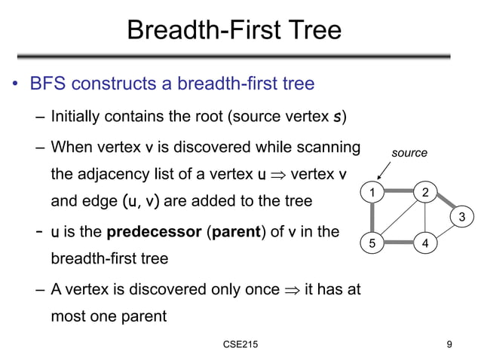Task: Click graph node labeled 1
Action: (370, 194)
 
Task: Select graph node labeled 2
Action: (425, 193)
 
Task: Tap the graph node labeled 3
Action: (462, 218)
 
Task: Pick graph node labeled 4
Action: (425, 243)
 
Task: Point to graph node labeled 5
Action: (370, 243)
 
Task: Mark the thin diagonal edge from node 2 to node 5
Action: (398, 218)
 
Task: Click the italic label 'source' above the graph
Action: (409, 154)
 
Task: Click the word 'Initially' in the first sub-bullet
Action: (75, 117)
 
